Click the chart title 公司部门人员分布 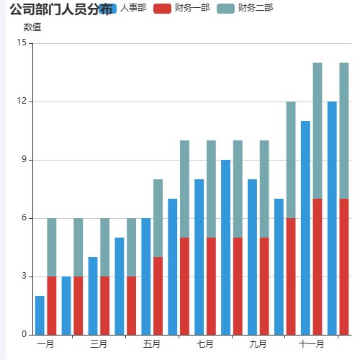point(60,9)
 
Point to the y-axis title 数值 point(32,27)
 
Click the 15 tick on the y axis point(21,43)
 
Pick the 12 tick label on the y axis point(21,102)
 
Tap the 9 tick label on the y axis point(24,160)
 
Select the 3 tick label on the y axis point(24,276)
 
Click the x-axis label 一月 point(45,344)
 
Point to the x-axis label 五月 point(152,344)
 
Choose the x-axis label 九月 point(258,344)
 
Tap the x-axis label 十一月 point(311,344)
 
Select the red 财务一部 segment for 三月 point(105,305)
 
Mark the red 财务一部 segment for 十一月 point(318,266)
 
